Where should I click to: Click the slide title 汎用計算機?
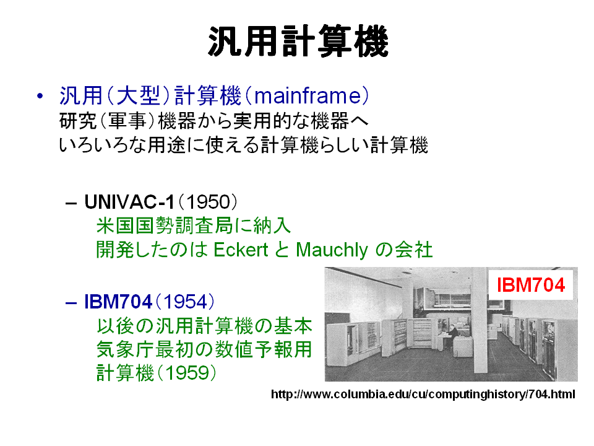tap(298, 41)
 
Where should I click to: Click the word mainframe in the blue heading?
tap(308, 95)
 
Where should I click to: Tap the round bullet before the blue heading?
tap(40, 96)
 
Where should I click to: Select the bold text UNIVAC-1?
tap(129, 202)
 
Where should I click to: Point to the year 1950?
tap(209, 202)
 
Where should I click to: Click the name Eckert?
tap(241, 250)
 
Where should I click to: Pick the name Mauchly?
tap(332, 250)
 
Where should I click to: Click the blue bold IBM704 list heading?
tap(118, 302)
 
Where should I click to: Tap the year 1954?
tap(185, 302)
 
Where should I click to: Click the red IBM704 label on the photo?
tap(531, 285)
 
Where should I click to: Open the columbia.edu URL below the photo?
tap(423, 395)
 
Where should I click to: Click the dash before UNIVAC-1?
tap(71, 203)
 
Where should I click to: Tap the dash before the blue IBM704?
tap(71, 303)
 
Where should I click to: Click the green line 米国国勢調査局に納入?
tap(194, 226)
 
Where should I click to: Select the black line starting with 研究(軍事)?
tap(214, 121)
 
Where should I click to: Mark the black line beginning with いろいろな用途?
tap(244, 146)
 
